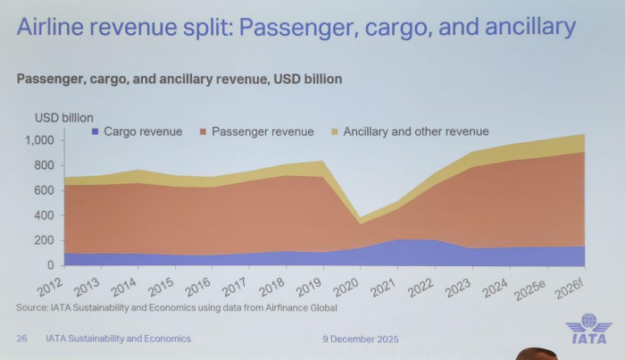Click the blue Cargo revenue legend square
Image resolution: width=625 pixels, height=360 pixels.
coord(96,132)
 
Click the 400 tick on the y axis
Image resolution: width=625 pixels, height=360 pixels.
coord(49,215)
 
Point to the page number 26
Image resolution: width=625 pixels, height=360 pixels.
coord(21,339)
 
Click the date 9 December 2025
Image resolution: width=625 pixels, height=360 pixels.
coord(360,339)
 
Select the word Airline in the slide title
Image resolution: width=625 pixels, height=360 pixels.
coord(55,28)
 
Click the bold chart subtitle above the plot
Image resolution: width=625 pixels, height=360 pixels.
coord(179,79)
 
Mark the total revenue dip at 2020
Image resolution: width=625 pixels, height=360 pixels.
coord(334,217)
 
